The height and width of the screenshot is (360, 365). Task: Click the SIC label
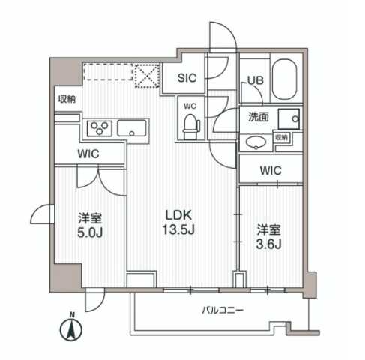pyautogui.click(x=187, y=76)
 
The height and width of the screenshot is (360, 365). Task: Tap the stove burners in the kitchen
pyautogui.click(x=99, y=128)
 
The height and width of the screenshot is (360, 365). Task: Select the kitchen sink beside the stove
pyautogui.click(x=135, y=129)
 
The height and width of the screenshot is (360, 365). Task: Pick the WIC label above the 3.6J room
pyautogui.click(x=270, y=171)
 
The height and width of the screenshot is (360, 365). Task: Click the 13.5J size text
pyautogui.click(x=181, y=229)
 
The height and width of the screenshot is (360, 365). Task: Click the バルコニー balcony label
pyautogui.click(x=223, y=310)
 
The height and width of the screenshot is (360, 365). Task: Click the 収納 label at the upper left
pyautogui.click(x=67, y=99)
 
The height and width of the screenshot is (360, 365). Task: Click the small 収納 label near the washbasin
pyautogui.click(x=281, y=138)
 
